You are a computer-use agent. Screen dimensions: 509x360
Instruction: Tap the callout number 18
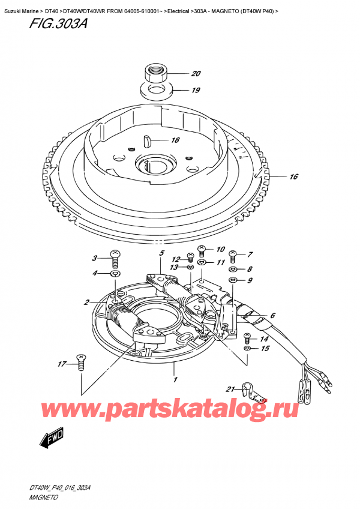175,141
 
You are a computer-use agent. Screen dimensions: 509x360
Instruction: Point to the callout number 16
293,177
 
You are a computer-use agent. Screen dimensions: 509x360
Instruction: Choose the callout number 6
272,316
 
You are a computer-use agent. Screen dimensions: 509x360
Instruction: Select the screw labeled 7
233,255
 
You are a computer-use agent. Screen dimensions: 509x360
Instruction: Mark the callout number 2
87,302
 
